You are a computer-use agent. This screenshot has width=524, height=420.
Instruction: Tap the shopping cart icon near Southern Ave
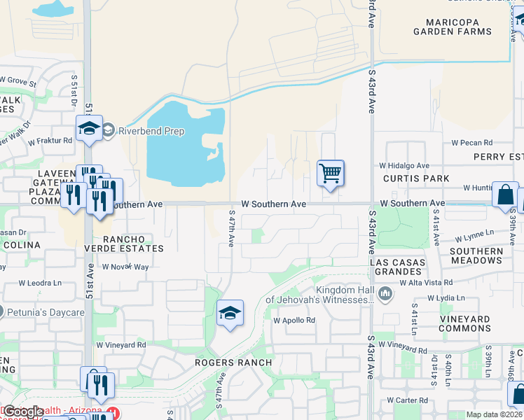(x=330, y=172)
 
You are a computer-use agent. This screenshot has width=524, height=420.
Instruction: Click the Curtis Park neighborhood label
(x=416, y=178)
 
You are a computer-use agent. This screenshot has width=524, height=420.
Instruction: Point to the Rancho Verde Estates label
(x=124, y=243)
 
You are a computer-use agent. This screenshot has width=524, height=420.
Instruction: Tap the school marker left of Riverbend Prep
(x=90, y=128)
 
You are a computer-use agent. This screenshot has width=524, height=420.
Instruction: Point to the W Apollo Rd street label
(x=294, y=321)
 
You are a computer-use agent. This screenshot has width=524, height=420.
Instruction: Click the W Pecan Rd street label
(x=473, y=142)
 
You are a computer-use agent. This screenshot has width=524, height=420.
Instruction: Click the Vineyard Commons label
(x=465, y=323)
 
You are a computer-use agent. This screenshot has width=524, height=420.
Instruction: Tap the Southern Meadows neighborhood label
(x=476, y=255)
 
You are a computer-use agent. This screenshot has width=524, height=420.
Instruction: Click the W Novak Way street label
(x=125, y=267)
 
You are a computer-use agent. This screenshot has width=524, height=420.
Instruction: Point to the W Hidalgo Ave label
(x=404, y=165)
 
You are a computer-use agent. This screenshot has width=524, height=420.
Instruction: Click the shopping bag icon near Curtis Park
(x=504, y=195)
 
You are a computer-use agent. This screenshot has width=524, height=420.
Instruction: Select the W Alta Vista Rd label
(x=427, y=282)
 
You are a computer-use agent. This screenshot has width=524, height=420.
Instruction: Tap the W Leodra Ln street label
(x=41, y=283)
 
